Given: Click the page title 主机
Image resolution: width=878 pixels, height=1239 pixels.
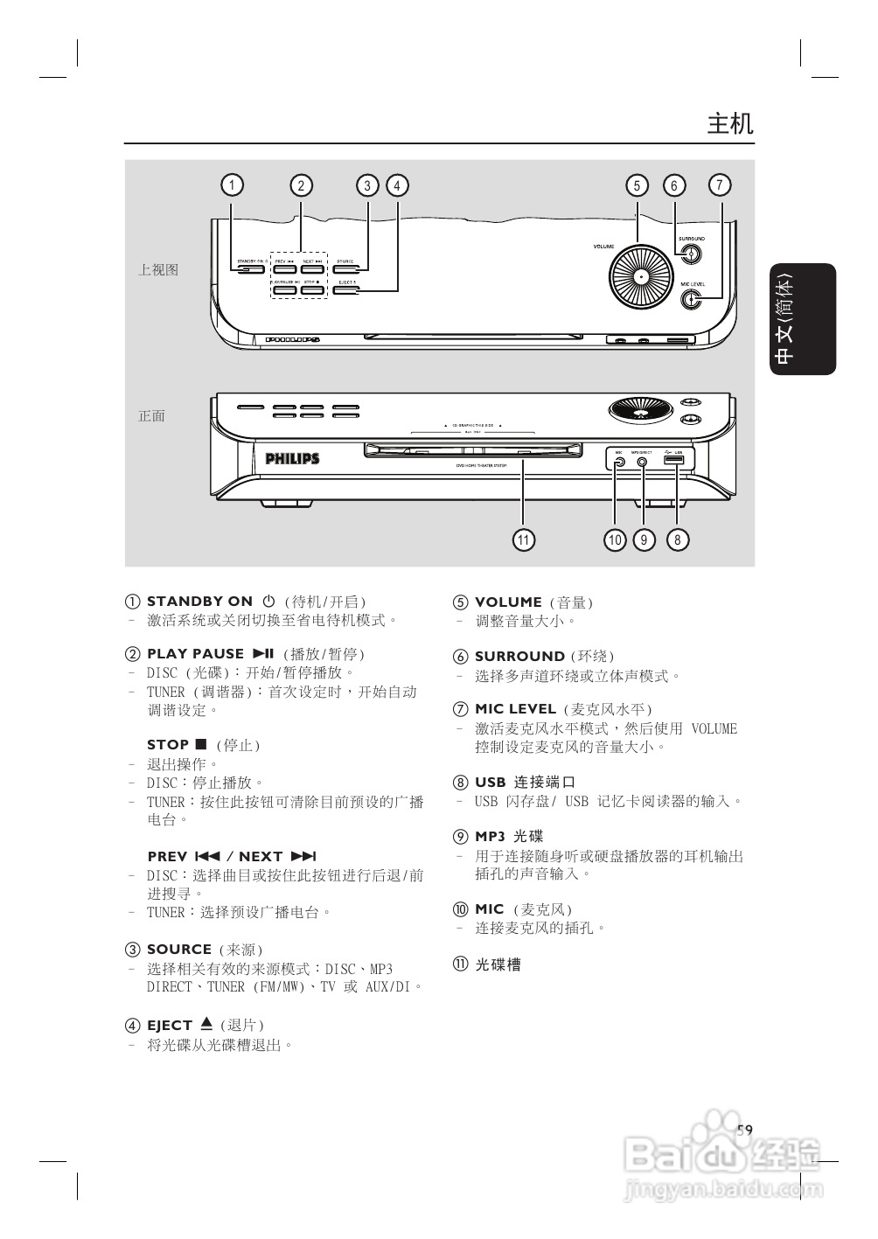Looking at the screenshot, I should click(729, 123).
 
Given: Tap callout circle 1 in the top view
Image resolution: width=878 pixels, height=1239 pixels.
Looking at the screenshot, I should click(232, 185).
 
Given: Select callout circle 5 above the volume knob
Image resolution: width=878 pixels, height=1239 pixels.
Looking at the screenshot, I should click(637, 185).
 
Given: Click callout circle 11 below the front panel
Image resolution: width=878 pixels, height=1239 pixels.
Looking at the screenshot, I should click(523, 539).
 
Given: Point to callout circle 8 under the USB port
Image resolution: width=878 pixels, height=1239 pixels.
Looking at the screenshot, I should click(677, 539).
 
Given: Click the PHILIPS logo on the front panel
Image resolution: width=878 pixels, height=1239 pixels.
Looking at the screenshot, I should click(292, 458).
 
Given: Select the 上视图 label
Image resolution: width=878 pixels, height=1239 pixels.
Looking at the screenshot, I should click(158, 270).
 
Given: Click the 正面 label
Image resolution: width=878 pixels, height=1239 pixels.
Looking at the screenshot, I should click(152, 416).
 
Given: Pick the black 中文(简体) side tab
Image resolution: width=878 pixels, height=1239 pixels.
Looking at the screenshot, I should click(802, 319).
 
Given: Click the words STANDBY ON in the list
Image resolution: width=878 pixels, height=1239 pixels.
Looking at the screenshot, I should click(199, 602).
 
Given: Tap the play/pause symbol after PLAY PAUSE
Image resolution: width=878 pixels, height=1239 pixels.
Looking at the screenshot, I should click(263, 653).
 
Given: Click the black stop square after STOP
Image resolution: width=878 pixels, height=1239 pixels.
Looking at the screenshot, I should click(200, 744).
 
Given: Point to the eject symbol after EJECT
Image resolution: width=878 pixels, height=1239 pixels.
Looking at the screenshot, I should click(206, 1023).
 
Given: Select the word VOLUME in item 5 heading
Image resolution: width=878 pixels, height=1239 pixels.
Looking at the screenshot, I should click(508, 602).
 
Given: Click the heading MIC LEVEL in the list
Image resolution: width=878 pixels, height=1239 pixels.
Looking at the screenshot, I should click(515, 709).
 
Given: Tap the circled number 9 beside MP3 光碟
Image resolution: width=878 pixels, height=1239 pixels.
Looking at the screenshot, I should click(460, 837).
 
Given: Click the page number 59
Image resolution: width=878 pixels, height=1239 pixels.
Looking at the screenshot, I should click(744, 1130).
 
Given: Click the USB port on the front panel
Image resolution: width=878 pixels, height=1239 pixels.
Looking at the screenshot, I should click(674, 460).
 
